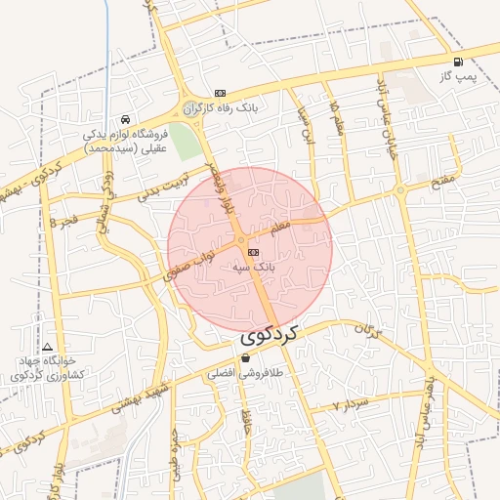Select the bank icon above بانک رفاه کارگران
pyautogui.click(x=221, y=93)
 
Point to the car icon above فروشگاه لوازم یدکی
pyautogui.click(x=124, y=119)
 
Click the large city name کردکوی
pyautogui.click(x=269, y=335)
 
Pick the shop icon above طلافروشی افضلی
pyautogui.click(x=244, y=358)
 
